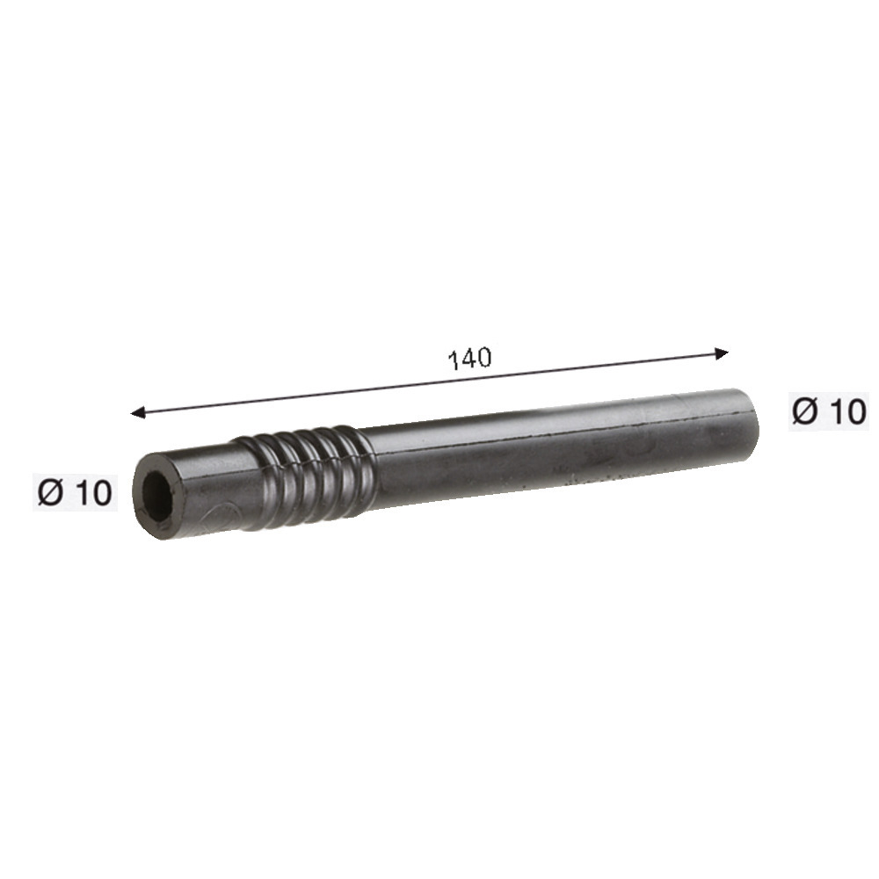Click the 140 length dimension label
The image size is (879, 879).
[469, 359]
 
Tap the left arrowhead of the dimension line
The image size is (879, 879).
[137, 412]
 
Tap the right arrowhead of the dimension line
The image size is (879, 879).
[722, 353]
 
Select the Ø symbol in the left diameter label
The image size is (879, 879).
[50, 493]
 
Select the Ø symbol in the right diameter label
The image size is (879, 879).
[805, 411]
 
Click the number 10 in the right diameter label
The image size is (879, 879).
[847, 411]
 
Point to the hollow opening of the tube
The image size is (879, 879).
[157, 496]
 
